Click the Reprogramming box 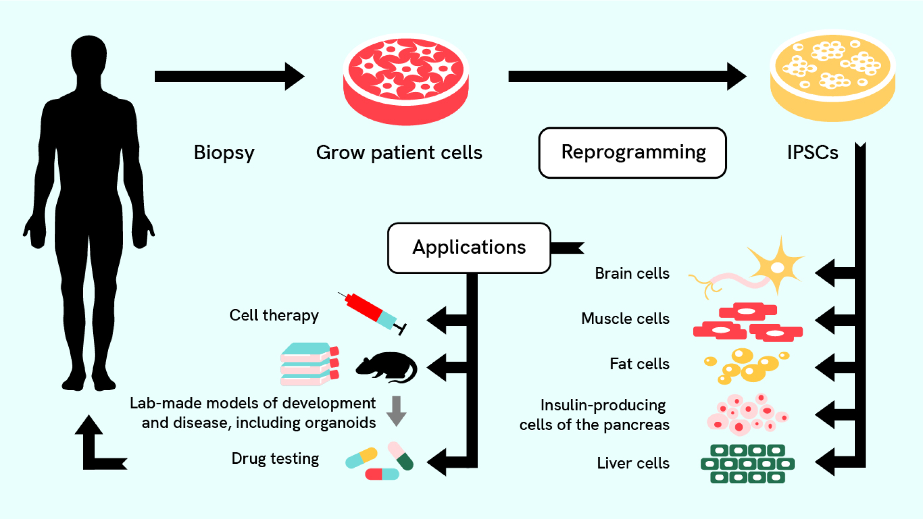click(632, 153)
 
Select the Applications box click(469, 247)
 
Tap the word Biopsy click(224, 153)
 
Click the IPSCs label click(812, 153)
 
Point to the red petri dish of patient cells click(406, 79)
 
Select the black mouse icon click(387, 368)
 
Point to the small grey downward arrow click(397, 411)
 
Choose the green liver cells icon click(748, 464)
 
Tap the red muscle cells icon click(748, 322)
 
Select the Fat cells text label click(639, 364)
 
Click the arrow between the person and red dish click(229, 76)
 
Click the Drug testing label click(275, 458)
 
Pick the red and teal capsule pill click(382, 474)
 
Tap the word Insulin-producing click(603, 405)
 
